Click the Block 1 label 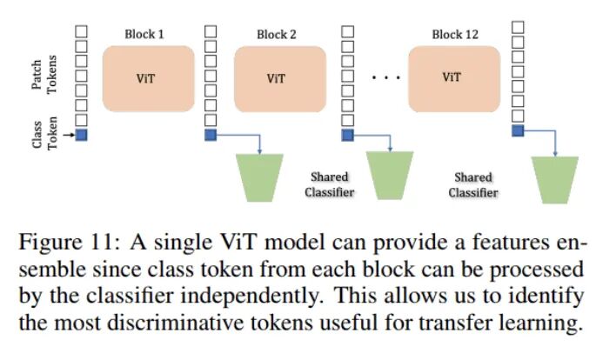click(x=144, y=34)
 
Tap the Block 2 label click(x=277, y=34)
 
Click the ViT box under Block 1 click(x=146, y=77)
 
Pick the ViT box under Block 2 click(x=278, y=77)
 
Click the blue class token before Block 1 click(x=82, y=134)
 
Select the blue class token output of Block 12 click(x=517, y=130)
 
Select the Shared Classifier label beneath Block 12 click(x=473, y=184)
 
